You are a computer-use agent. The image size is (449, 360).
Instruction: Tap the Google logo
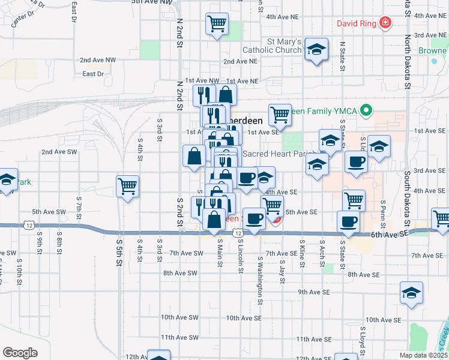(20, 353)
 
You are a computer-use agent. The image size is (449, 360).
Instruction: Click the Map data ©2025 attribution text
(424, 355)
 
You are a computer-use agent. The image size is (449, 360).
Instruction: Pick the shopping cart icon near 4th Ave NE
(216, 24)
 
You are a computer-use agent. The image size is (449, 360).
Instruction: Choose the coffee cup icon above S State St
(348, 222)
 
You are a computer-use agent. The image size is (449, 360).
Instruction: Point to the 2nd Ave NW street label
(98, 60)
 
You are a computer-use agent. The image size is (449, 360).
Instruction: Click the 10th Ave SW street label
(179, 317)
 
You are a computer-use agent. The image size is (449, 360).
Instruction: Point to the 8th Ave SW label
(180, 273)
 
